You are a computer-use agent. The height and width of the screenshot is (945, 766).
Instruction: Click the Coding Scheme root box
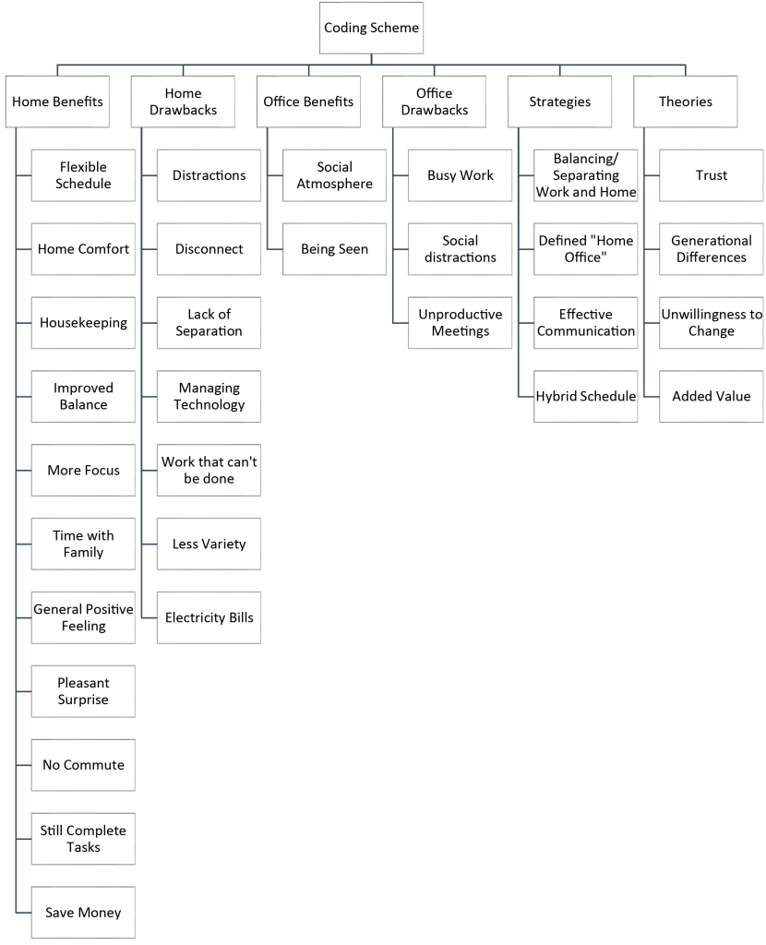click(371, 28)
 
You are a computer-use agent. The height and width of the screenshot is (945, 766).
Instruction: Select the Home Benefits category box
click(58, 102)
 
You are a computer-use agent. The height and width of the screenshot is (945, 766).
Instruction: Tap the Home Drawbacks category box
click(184, 102)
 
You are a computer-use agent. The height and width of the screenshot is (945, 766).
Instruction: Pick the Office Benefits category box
click(308, 102)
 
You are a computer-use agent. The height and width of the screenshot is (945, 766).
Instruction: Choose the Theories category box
click(685, 102)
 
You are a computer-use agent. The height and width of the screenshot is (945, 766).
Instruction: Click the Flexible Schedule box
click(83, 175)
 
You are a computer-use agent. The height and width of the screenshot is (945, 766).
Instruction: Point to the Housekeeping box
click(83, 322)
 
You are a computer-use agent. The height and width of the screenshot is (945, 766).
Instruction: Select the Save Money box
click(83, 913)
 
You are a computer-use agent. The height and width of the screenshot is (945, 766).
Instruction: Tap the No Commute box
click(83, 765)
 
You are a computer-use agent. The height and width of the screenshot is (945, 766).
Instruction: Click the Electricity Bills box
click(209, 617)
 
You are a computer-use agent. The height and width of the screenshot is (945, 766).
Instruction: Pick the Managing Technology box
click(209, 397)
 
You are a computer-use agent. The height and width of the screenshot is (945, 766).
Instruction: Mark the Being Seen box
click(334, 249)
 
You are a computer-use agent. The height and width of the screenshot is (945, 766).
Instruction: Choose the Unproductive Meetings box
click(460, 322)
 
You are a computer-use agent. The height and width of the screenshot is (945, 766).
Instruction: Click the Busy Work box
click(460, 175)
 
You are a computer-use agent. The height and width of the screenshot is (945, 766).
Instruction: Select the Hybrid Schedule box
click(586, 397)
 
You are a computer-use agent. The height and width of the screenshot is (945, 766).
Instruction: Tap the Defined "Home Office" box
click(586, 249)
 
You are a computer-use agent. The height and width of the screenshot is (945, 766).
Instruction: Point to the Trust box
click(712, 175)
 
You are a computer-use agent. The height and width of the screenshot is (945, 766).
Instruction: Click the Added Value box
click(712, 397)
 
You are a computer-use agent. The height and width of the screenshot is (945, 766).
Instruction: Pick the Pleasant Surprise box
click(83, 691)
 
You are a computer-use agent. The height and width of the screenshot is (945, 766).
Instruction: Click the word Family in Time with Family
click(83, 553)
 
